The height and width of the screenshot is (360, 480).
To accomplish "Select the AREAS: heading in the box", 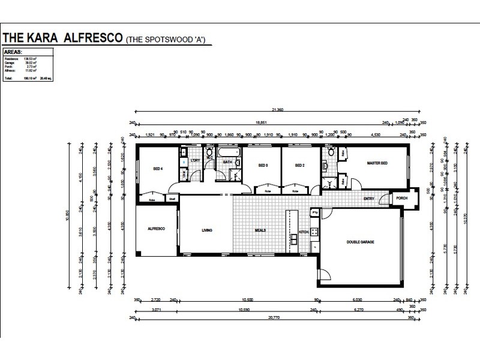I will [14, 52].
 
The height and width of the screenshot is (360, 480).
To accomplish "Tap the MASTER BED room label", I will [377, 163].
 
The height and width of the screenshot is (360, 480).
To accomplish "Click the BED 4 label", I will [158, 169].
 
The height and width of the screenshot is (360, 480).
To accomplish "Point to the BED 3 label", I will [263, 165].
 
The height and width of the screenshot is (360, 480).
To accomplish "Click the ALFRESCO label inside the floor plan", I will [157, 229].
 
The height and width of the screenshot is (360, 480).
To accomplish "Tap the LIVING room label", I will [206, 230].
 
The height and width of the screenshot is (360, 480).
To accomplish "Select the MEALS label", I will [260, 230].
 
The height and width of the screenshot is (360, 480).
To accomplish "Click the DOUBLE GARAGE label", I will [360, 242].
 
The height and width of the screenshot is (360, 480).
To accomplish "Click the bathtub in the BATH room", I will [229, 152].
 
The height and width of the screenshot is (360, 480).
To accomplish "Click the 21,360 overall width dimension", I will [277, 110].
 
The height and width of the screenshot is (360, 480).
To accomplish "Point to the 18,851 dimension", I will [262, 122].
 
